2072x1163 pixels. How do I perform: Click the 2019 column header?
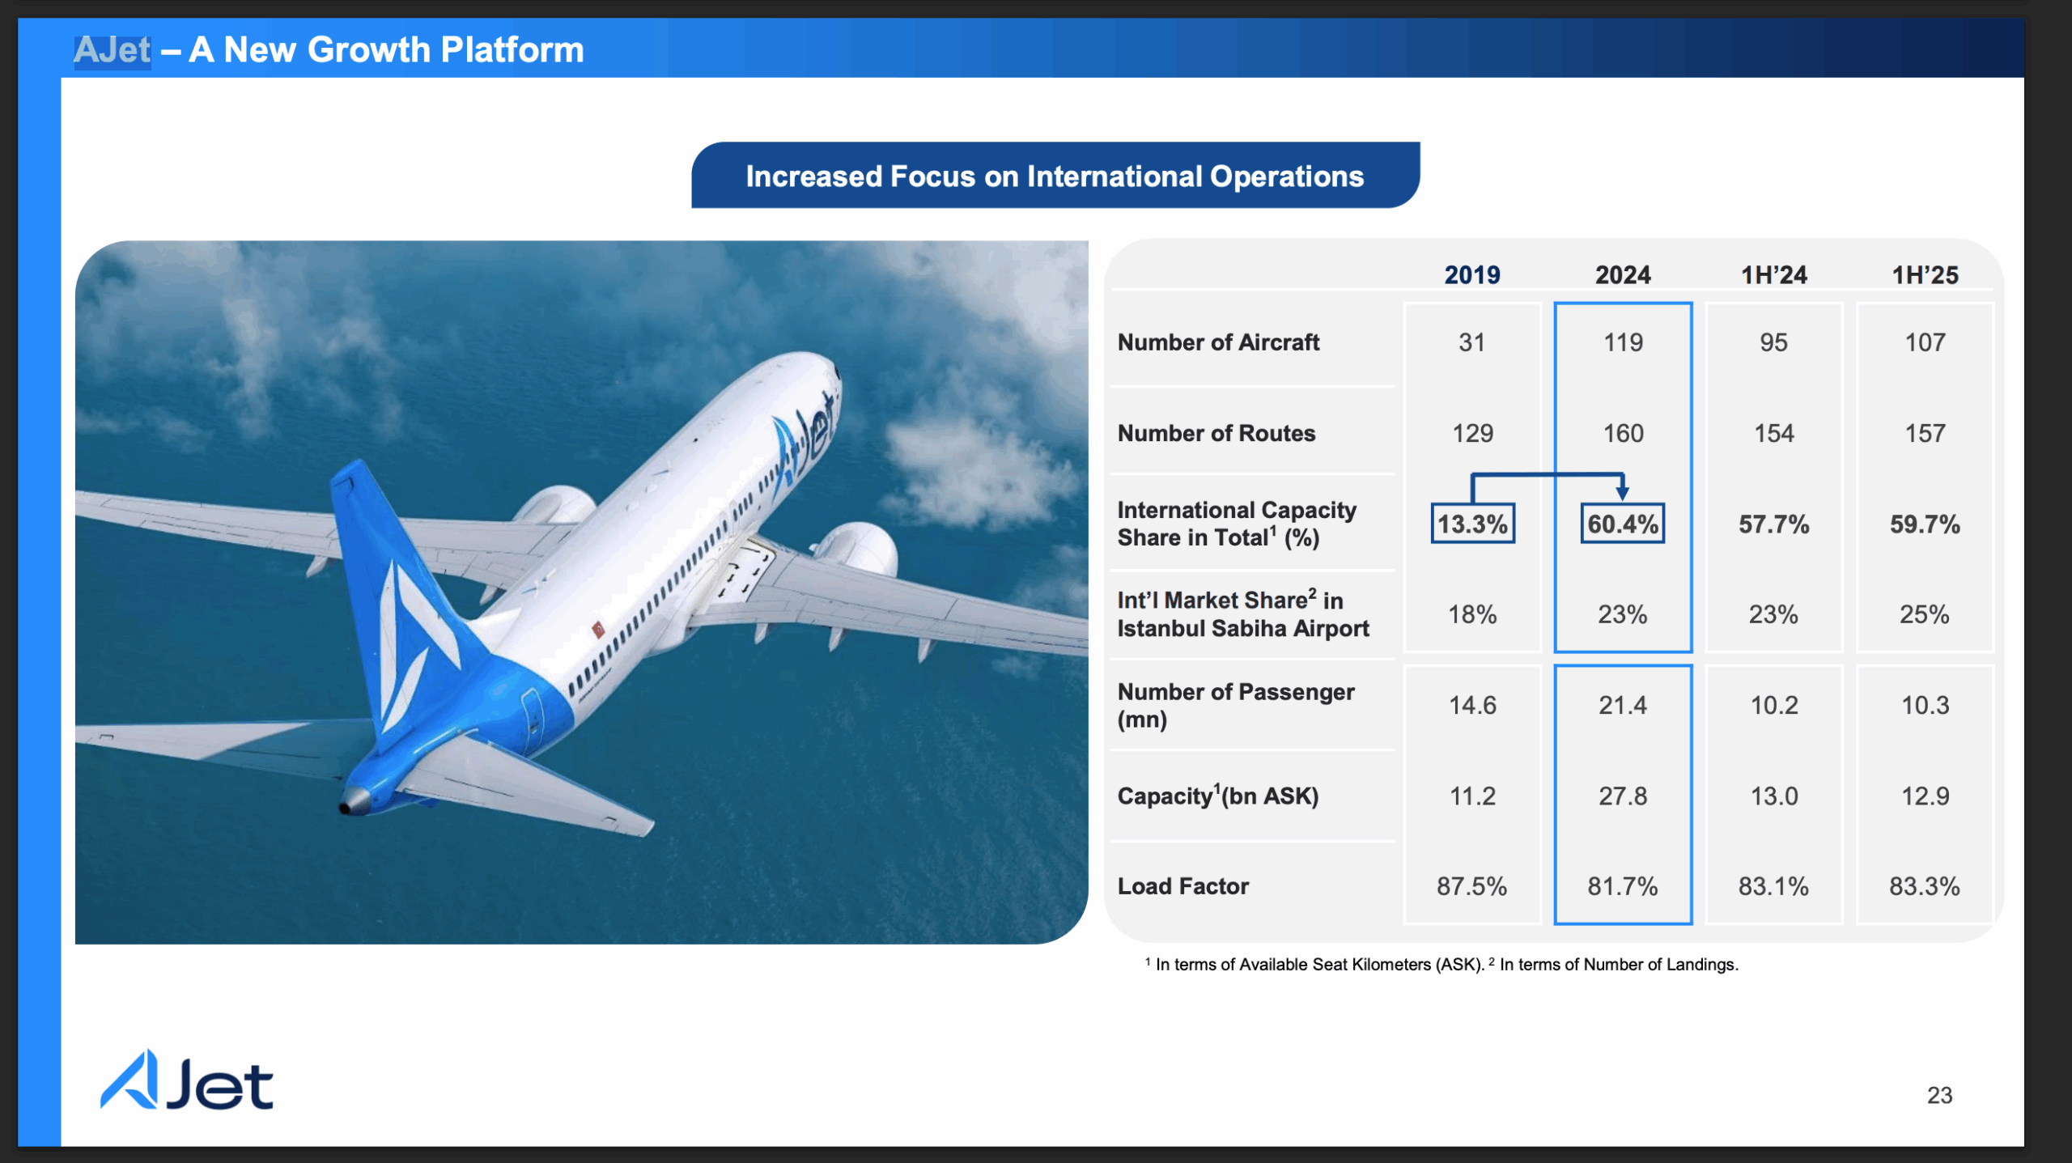[1472, 275]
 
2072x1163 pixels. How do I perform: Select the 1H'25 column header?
[1925, 275]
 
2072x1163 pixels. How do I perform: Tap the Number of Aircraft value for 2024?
[1623, 342]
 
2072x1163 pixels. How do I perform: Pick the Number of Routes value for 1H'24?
[1773, 433]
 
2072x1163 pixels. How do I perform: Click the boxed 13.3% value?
[1472, 524]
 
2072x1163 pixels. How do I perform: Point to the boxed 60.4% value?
[1623, 524]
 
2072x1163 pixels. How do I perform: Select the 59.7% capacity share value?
[1925, 524]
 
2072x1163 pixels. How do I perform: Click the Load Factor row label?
[1183, 886]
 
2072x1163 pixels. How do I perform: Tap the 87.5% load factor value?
[1472, 886]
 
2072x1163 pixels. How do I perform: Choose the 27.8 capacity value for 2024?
[1623, 796]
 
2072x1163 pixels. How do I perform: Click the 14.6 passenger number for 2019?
[1472, 705]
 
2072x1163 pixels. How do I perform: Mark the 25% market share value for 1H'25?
[1925, 614]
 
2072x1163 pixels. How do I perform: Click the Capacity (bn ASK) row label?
[1218, 796]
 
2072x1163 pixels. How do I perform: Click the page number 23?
[1939, 1095]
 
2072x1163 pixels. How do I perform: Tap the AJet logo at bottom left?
[187, 1080]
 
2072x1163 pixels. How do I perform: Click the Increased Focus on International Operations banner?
[1055, 176]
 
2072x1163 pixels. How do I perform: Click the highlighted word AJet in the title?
[113, 50]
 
